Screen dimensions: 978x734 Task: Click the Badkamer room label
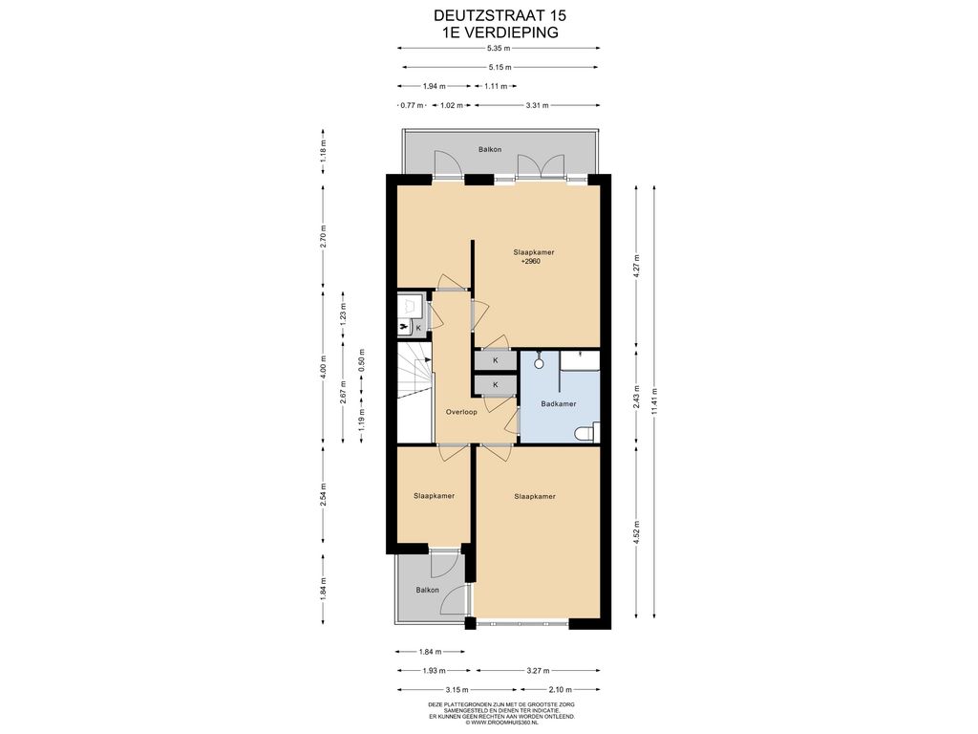tap(558, 404)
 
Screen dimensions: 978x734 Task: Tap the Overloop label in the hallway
tap(461, 412)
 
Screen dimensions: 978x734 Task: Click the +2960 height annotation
tap(531, 262)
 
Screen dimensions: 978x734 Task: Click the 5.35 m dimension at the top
tap(499, 48)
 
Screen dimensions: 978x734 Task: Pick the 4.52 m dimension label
tap(636, 532)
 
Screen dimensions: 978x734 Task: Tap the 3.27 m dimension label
tap(538, 671)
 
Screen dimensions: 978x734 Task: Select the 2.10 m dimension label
tap(560, 690)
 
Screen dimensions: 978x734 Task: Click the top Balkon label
tap(490, 150)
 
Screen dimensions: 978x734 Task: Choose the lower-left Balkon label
tap(427, 590)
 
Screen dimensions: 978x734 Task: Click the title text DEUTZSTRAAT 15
tap(500, 15)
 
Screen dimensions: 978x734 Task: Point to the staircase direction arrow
tap(428, 360)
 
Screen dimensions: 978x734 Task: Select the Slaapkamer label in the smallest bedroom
tap(435, 496)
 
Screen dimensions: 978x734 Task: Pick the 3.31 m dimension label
tap(537, 105)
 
